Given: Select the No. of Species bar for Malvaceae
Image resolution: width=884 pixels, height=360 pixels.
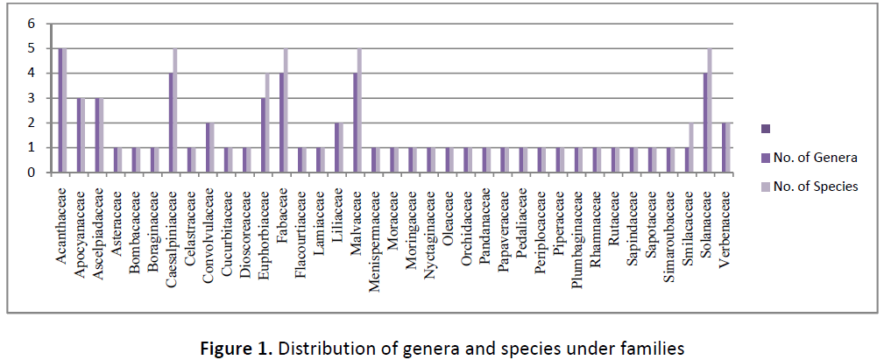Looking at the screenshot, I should click(x=360, y=110).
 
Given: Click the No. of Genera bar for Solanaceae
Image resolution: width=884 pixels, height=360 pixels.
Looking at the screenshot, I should click(x=706, y=123).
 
